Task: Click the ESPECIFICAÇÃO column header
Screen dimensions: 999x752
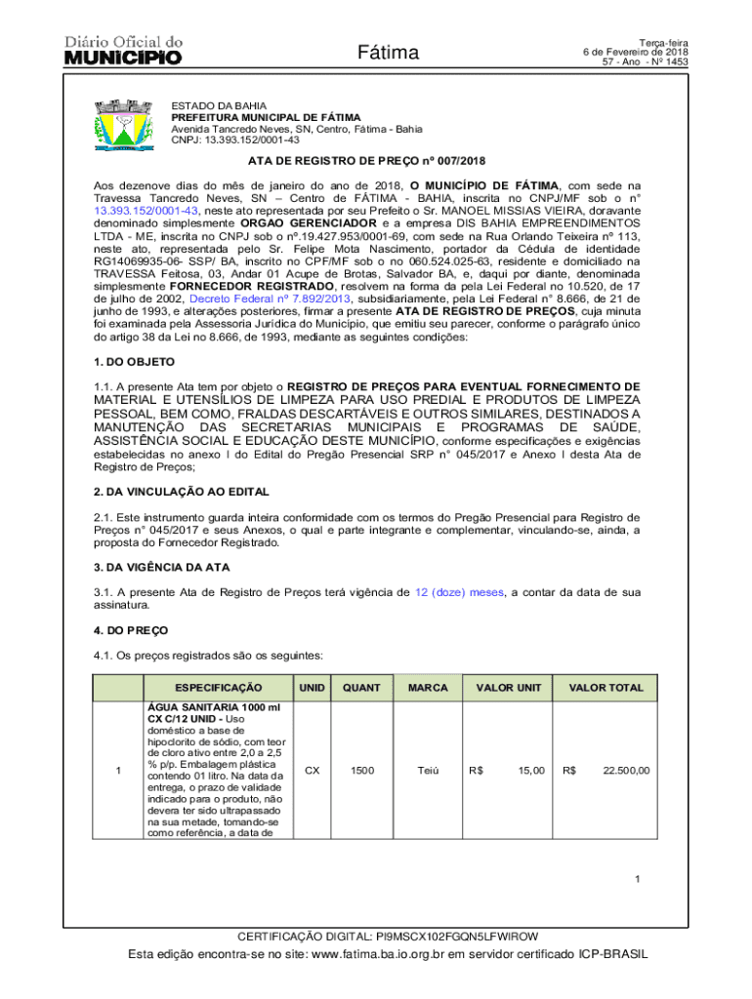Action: [x=212, y=688]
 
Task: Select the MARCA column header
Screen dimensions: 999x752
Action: [x=428, y=688]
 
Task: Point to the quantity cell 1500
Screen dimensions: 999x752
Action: [x=361, y=771]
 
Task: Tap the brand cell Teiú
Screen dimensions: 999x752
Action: [x=428, y=771]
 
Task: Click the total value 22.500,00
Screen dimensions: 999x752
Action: [x=626, y=771]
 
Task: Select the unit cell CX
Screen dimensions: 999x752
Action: [x=312, y=771]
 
